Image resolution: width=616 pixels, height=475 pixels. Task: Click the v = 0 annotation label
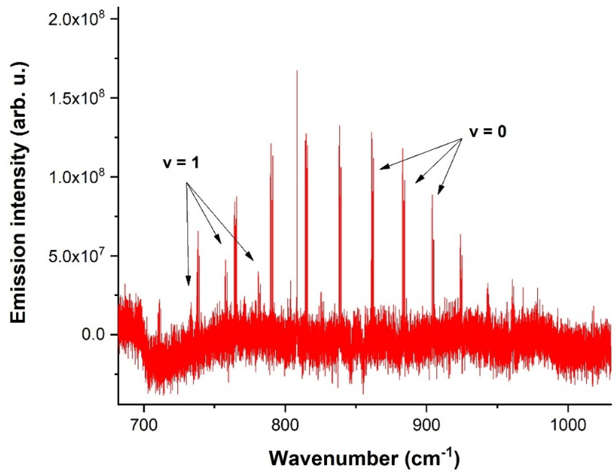(x=488, y=132)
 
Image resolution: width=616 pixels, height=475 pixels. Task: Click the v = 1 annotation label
(x=181, y=163)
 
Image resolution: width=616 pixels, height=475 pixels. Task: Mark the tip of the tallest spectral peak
(x=297, y=70)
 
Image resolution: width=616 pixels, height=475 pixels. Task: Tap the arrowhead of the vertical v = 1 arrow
(x=188, y=285)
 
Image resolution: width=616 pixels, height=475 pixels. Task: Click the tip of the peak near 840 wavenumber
(x=339, y=126)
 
